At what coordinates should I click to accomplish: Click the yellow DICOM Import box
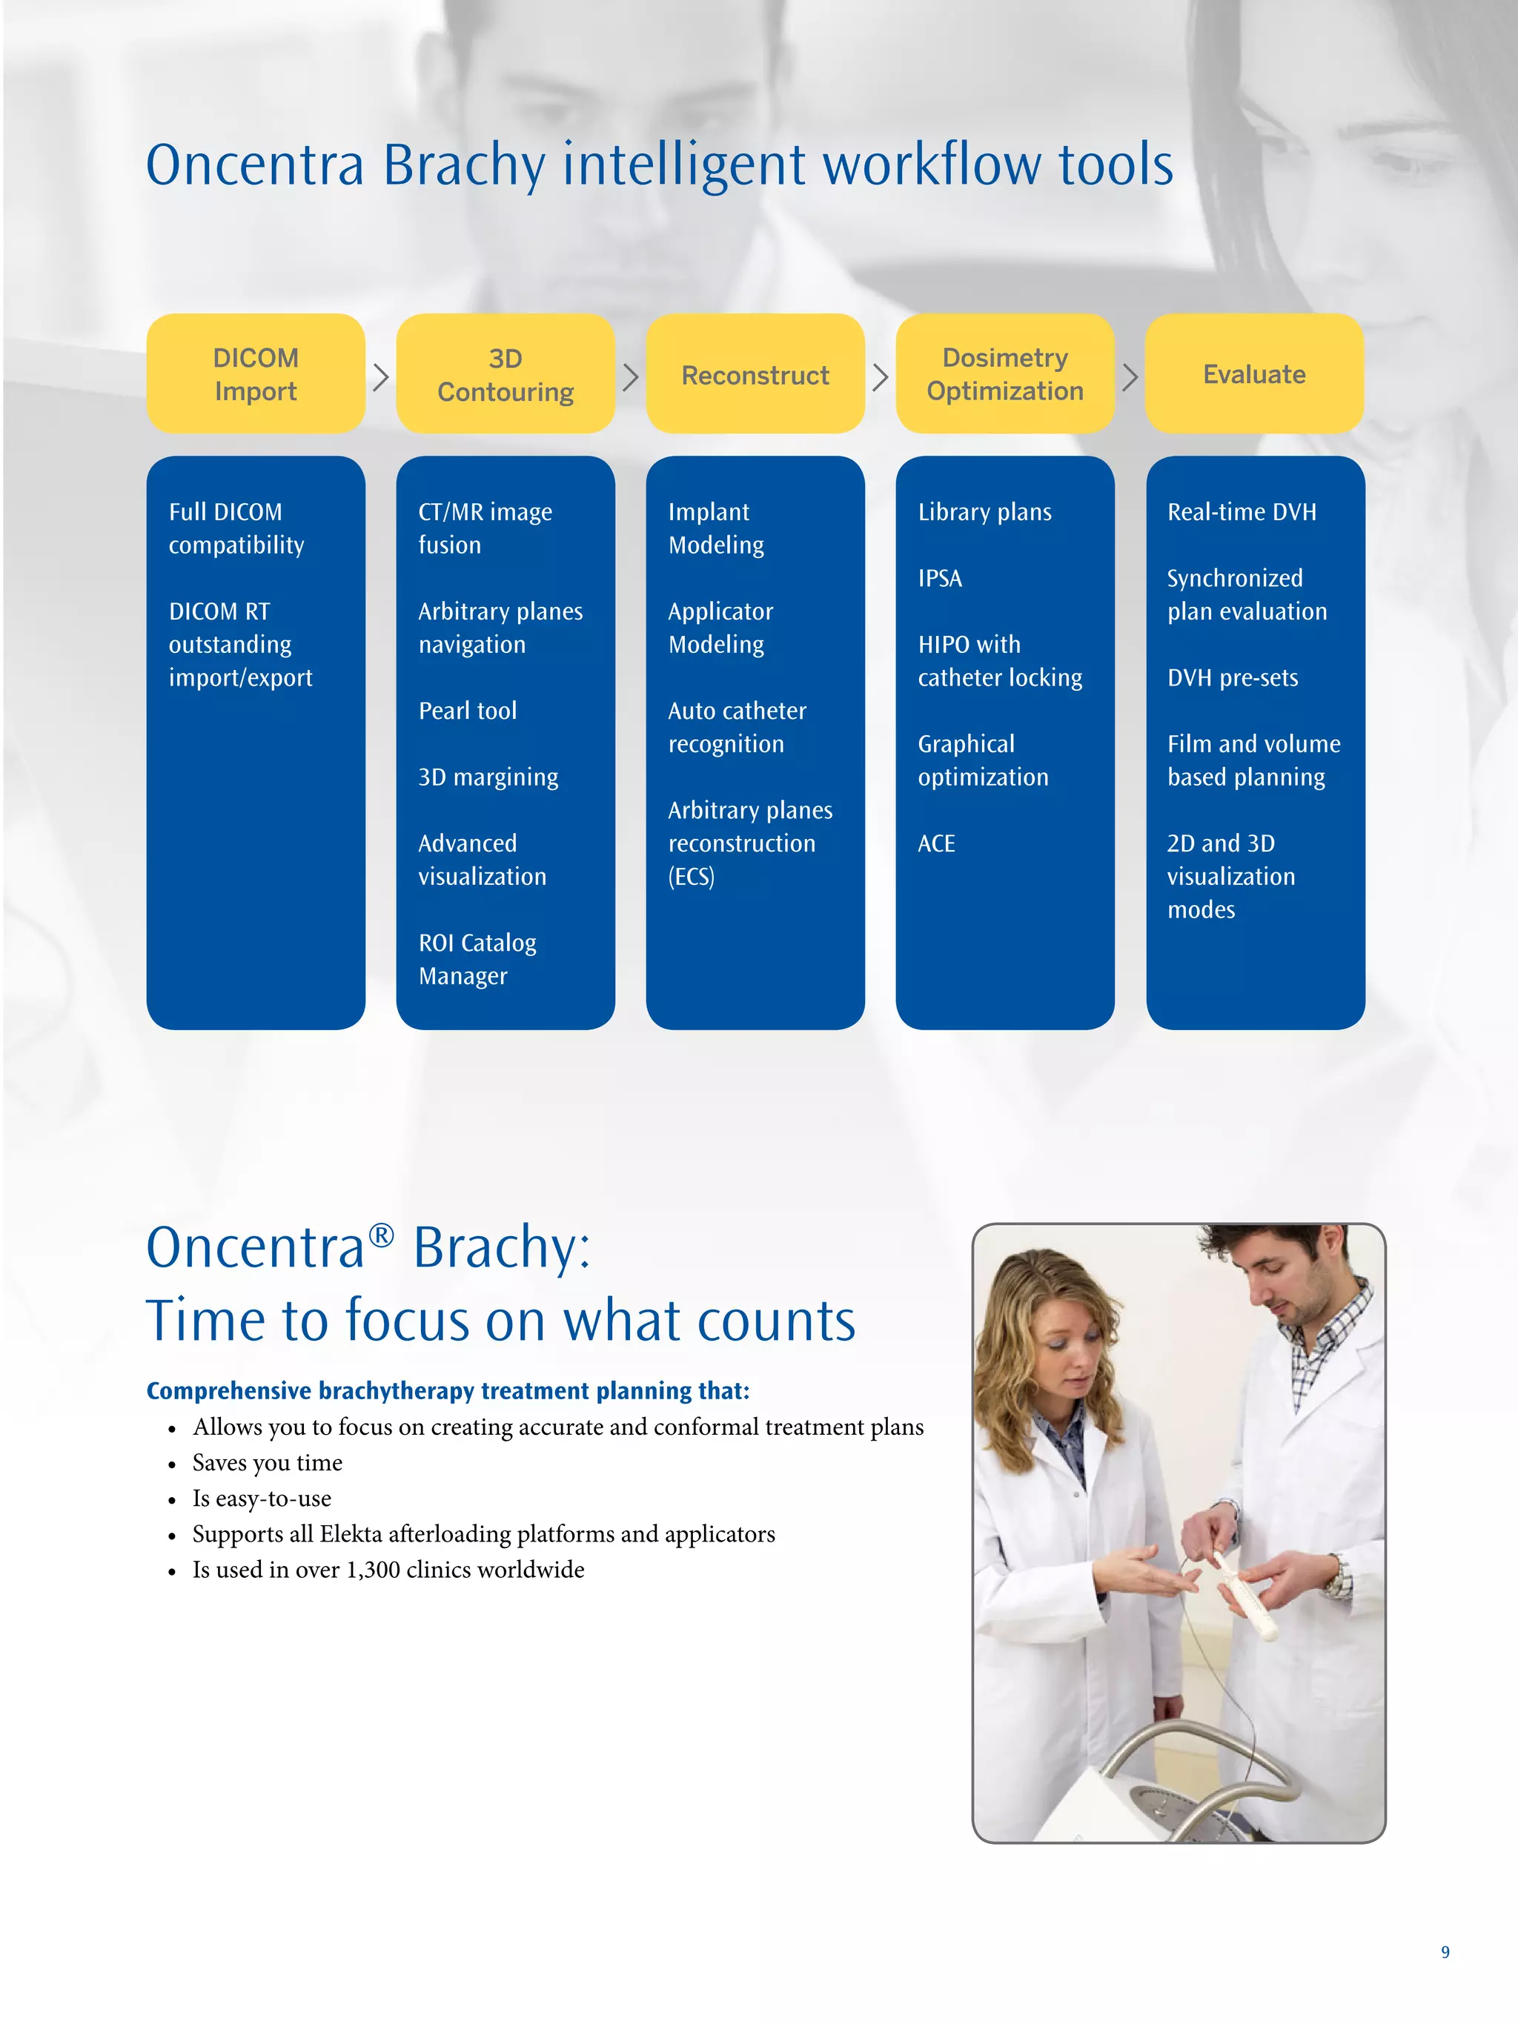click(255, 374)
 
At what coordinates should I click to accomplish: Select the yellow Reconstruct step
click(755, 374)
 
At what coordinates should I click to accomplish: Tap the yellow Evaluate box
click(1253, 374)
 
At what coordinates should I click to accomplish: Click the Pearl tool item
click(468, 711)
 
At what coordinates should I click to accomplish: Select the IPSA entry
click(940, 578)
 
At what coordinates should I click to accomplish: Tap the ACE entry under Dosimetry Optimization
click(936, 843)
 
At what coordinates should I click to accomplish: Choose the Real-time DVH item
click(1241, 512)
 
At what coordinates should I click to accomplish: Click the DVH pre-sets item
click(1232, 678)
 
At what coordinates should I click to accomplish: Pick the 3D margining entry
click(488, 777)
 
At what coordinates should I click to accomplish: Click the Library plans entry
click(984, 512)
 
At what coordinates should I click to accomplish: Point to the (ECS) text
click(691, 877)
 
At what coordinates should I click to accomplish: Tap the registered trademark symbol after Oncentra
click(381, 1236)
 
